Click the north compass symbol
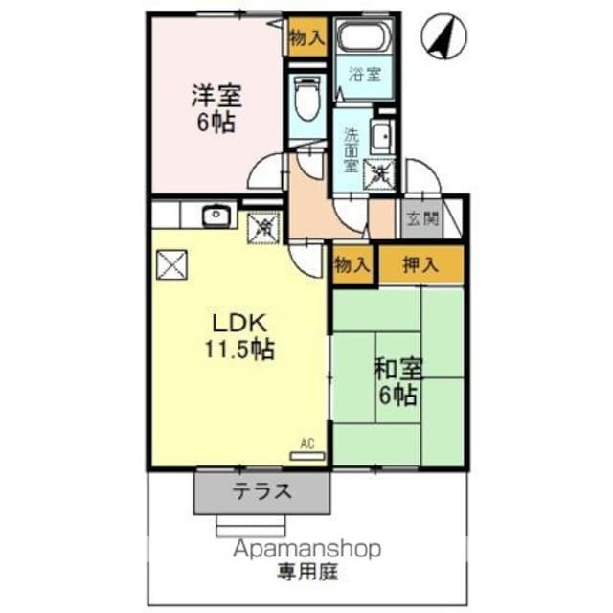click(443, 38)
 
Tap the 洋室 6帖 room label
click(216, 109)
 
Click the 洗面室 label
click(352, 148)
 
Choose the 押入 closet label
click(420, 265)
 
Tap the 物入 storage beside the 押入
click(352, 265)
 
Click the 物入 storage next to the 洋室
click(306, 38)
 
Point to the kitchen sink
click(216, 216)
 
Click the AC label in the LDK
click(306, 443)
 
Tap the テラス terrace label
click(261, 492)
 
